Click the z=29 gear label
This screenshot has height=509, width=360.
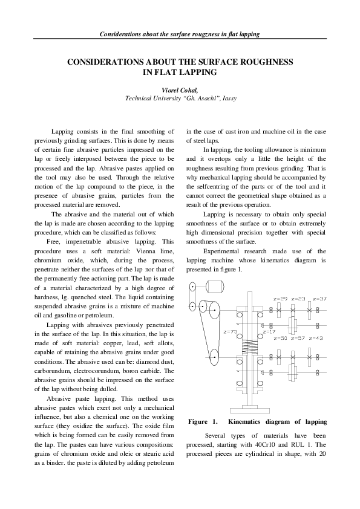pyautogui.click(x=280, y=299)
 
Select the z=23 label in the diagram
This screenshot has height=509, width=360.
pyautogui.click(x=298, y=299)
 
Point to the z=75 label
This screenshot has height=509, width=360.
pyautogui.click(x=230, y=331)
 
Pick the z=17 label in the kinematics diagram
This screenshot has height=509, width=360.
pyautogui.click(x=269, y=331)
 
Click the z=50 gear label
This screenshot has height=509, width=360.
pyautogui.click(x=280, y=338)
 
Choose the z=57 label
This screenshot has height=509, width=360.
pyautogui.click(x=298, y=338)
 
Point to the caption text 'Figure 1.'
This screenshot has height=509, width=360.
pyautogui.click(x=202, y=421)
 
